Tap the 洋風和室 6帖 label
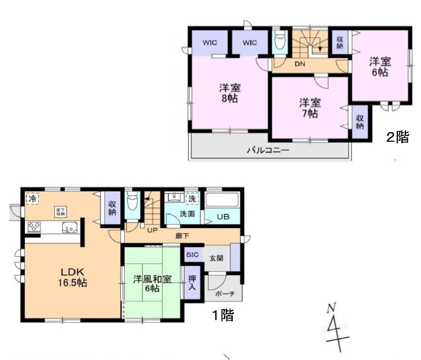[152, 284]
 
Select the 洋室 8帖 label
[229, 93]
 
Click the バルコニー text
[268, 150]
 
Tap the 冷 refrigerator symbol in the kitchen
[33, 198]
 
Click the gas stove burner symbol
[33, 227]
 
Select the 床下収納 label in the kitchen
[61, 211]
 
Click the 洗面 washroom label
[187, 214]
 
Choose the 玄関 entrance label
[216, 258]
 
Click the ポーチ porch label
[225, 293]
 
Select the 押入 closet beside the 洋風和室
[192, 283]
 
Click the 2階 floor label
[397, 137]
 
